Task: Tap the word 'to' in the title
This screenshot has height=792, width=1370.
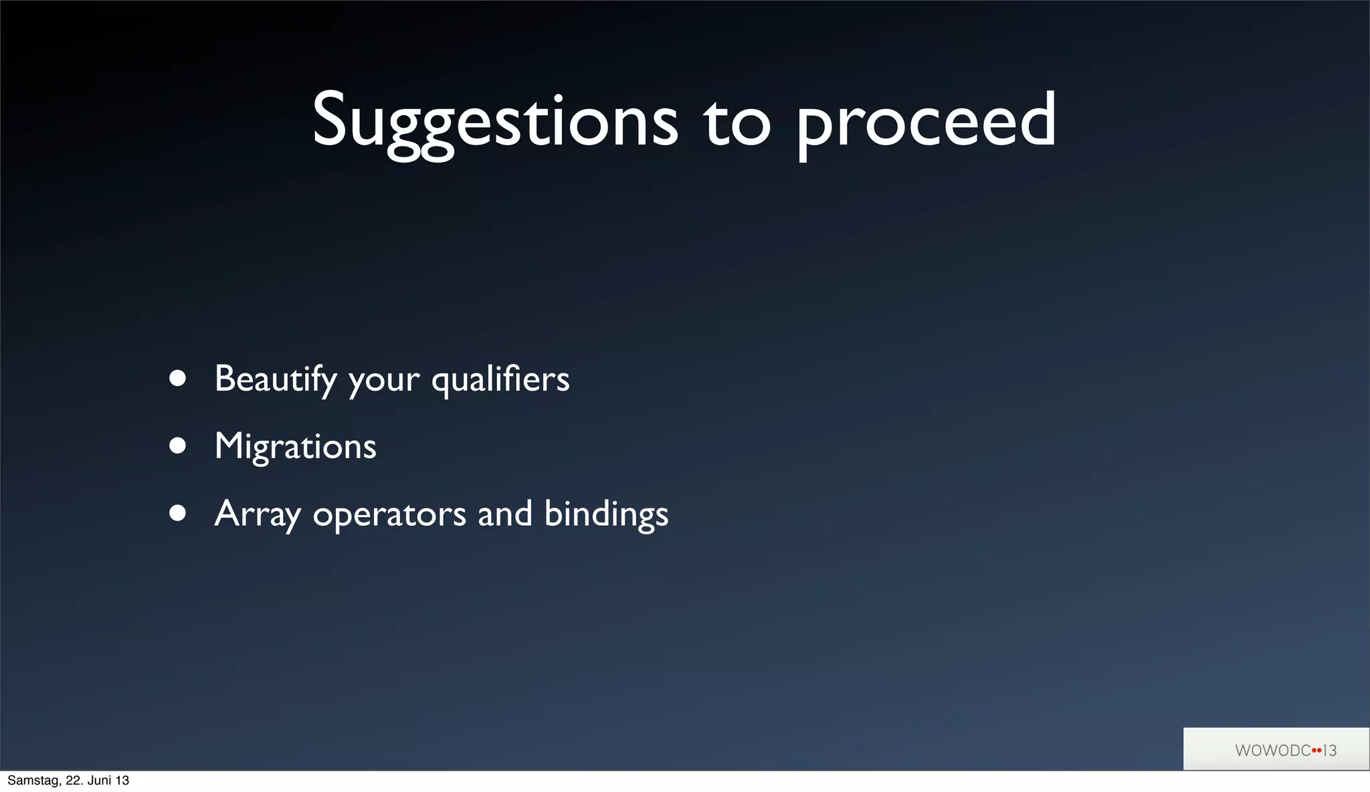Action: tap(737, 123)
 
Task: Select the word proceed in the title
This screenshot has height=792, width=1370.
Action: tap(926, 123)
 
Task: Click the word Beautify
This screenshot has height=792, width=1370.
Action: tap(275, 379)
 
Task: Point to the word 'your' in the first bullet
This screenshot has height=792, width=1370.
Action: tap(384, 381)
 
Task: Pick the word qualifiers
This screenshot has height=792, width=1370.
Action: tap(500, 379)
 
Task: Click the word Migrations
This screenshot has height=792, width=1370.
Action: tap(295, 447)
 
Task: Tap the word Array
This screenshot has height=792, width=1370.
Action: tap(257, 514)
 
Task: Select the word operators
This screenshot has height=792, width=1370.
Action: tap(389, 516)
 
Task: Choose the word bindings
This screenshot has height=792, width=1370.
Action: tap(606, 514)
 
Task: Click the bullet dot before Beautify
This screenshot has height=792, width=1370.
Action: tap(177, 379)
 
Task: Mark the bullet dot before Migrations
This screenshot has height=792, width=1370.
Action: tap(177, 446)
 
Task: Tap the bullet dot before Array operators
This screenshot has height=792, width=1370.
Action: tap(177, 513)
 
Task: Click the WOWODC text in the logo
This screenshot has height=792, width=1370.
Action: tap(1272, 751)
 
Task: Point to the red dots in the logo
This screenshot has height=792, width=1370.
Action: tap(1316, 751)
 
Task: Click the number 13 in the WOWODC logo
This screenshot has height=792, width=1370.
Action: tap(1329, 751)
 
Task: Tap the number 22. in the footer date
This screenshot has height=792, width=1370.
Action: tap(73, 781)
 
